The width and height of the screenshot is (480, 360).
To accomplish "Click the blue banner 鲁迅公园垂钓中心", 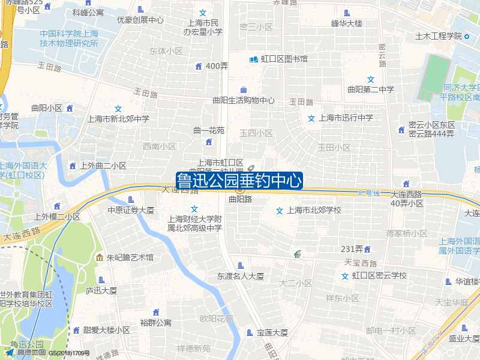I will tap(239, 181).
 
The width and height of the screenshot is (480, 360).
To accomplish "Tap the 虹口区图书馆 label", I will tap(284, 59).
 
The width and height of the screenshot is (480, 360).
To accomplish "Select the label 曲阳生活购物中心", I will tap(244, 100).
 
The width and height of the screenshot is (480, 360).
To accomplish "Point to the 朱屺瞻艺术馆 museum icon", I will tap(99, 257).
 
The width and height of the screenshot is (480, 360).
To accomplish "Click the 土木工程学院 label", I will tap(437, 36).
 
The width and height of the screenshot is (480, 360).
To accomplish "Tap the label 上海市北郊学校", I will tap(314, 210).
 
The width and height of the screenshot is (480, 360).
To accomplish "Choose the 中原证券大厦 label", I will tap(131, 210).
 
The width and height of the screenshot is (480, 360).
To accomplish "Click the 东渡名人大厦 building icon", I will tap(241, 265).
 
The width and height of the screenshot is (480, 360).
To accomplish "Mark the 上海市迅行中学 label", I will tap(346, 118).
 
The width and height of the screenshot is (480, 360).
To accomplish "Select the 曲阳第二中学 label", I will tap(371, 89).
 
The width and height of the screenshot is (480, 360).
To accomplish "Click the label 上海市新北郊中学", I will tap(118, 119).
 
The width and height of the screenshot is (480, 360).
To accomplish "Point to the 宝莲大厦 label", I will tap(272, 332).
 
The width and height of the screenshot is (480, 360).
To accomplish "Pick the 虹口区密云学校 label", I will tap(379, 275).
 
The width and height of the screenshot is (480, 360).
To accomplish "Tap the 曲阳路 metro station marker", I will tap(239, 190).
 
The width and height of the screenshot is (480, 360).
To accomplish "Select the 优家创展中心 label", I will tap(140, 19).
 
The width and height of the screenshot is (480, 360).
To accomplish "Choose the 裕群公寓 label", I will tap(156, 322).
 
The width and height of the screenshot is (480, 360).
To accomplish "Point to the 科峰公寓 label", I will tap(88, 12).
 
